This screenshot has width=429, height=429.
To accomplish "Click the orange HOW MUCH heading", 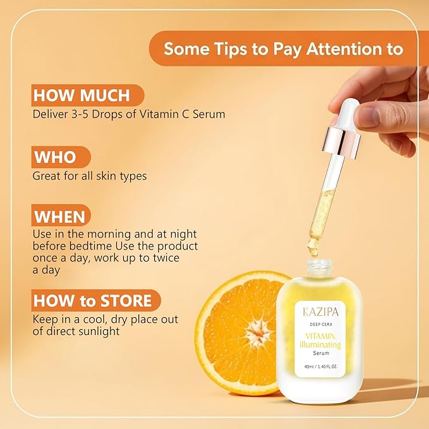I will pyautogui.click(x=82, y=96).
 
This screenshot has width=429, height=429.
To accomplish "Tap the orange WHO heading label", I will pyautogui.click(x=55, y=157).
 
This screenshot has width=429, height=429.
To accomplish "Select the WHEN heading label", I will pyautogui.click(x=59, y=217).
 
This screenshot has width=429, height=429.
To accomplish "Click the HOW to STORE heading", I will pyautogui.click(x=93, y=300).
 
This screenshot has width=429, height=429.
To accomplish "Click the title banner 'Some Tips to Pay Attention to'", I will pyautogui.click(x=284, y=49).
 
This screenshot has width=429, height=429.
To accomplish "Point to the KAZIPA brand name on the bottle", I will pyautogui.click(x=321, y=312).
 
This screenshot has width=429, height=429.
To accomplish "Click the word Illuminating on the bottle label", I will pyautogui.click(x=320, y=344).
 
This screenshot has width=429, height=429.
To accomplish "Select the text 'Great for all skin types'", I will pyautogui.click(x=90, y=176).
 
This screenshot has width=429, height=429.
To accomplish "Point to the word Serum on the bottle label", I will pyautogui.click(x=321, y=353).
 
